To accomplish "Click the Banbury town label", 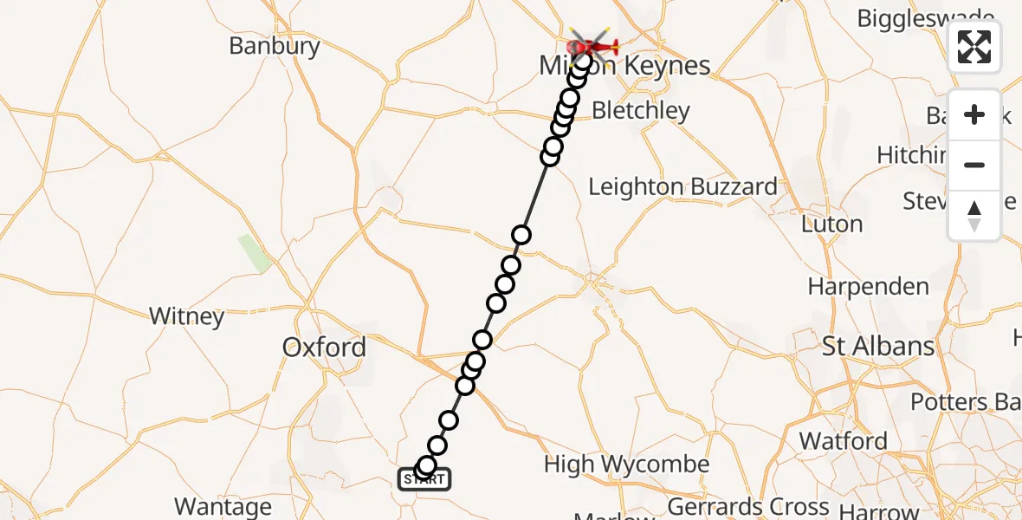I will pyautogui.click(x=274, y=46).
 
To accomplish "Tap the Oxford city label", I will pyautogui.click(x=324, y=348).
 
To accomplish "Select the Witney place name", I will pyautogui.click(x=186, y=316).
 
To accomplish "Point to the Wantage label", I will pyautogui.click(x=223, y=506).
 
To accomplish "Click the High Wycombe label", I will pyautogui.click(x=626, y=465).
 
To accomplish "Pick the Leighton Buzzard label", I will pyautogui.click(x=682, y=187).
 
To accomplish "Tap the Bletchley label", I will pyautogui.click(x=641, y=111).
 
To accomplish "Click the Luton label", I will pyautogui.click(x=831, y=224).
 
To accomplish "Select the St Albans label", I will pyautogui.click(x=878, y=347).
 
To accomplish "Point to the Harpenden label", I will pyautogui.click(x=868, y=286).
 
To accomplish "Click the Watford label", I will pyautogui.click(x=843, y=441).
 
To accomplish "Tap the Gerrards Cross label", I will pyautogui.click(x=749, y=506).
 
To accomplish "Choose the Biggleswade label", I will pyautogui.click(x=925, y=18).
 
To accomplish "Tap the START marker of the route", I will pyautogui.click(x=424, y=478).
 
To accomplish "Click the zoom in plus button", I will pyautogui.click(x=973, y=114).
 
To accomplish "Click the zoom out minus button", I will pyautogui.click(x=973, y=166).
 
